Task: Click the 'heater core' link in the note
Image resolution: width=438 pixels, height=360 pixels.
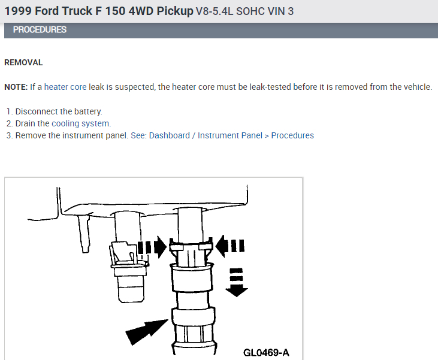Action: (65, 87)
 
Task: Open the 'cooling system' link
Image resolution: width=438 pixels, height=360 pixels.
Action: (80, 123)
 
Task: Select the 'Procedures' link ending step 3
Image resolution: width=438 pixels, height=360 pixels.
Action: (292, 135)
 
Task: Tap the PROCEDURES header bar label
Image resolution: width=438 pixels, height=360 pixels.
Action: (40, 29)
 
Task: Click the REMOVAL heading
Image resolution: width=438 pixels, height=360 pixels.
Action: (23, 62)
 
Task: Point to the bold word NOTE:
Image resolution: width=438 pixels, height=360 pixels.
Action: (16, 87)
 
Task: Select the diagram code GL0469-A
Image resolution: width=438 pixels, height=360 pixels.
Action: (266, 353)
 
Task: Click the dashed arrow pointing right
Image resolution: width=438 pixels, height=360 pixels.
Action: (152, 247)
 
